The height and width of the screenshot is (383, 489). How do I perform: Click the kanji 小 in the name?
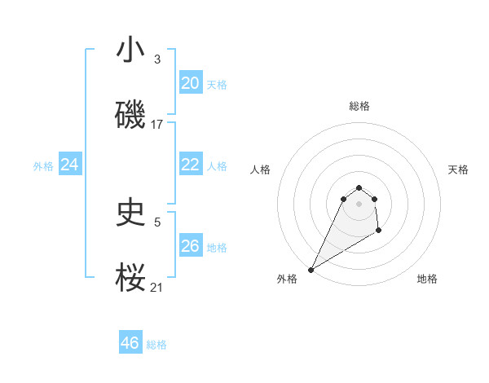point(130,51)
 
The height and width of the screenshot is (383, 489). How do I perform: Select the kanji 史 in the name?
point(130,214)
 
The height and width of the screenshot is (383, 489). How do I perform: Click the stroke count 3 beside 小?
point(157,59)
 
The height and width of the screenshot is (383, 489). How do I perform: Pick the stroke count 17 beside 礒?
point(157,124)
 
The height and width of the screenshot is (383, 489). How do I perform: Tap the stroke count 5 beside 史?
point(157,222)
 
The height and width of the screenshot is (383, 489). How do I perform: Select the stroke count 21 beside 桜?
point(157,287)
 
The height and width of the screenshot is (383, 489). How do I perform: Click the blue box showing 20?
point(190,83)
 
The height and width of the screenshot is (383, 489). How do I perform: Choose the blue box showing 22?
point(190,165)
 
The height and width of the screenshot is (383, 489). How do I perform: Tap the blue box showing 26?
point(190,246)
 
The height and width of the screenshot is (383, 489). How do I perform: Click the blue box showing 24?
point(70,165)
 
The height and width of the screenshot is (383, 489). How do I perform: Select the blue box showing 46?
point(130,343)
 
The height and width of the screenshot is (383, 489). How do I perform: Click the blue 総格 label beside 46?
point(156,345)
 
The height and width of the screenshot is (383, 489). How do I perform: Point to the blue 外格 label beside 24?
point(43,166)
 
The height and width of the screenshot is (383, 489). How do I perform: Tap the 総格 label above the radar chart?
point(359,106)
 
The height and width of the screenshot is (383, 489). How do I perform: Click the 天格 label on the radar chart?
point(458,169)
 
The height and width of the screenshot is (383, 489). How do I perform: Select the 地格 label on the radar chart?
point(427,280)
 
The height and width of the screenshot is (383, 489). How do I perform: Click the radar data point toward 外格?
point(311,270)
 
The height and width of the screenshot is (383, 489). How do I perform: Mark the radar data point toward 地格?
point(379,231)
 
